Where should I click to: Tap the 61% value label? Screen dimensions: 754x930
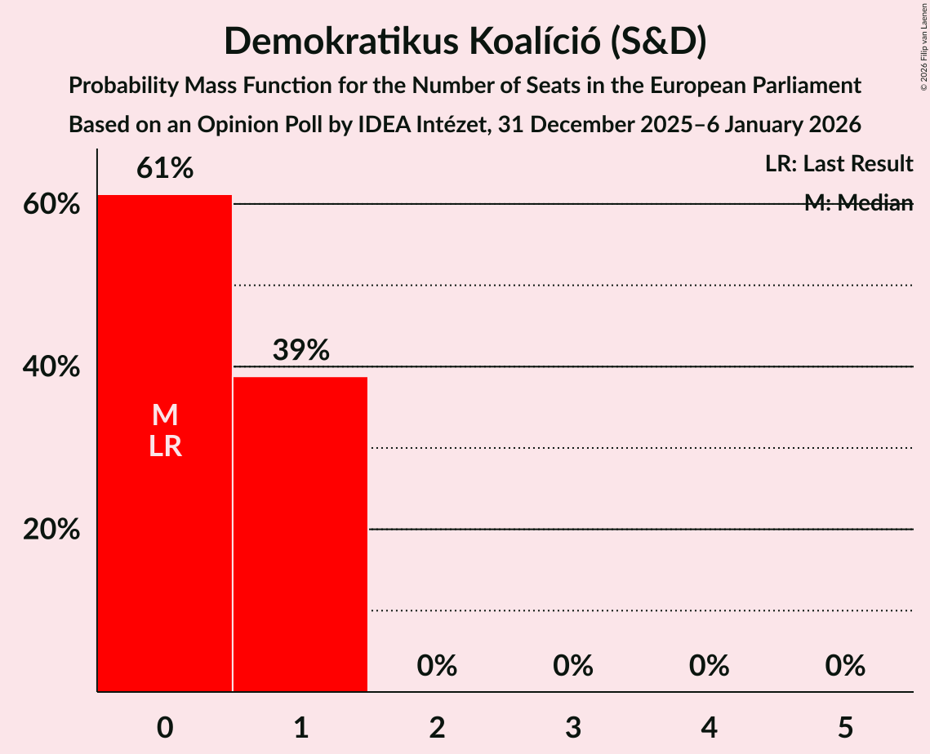(165, 169)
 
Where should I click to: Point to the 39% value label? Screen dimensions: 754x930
(300, 351)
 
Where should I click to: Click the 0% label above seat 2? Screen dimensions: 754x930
(437, 666)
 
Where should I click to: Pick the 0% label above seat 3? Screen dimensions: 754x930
(573, 666)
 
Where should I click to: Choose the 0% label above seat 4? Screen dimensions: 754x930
(709, 666)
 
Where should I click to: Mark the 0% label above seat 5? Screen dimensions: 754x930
(845, 666)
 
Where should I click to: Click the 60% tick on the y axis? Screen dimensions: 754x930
(51, 204)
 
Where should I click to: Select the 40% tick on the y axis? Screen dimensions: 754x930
(51, 367)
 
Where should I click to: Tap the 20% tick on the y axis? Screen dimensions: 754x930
(51, 530)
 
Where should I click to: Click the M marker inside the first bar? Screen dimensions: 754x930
(165, 415)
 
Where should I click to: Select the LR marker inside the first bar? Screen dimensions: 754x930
(165, 446)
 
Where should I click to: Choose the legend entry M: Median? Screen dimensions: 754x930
(858, 203)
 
